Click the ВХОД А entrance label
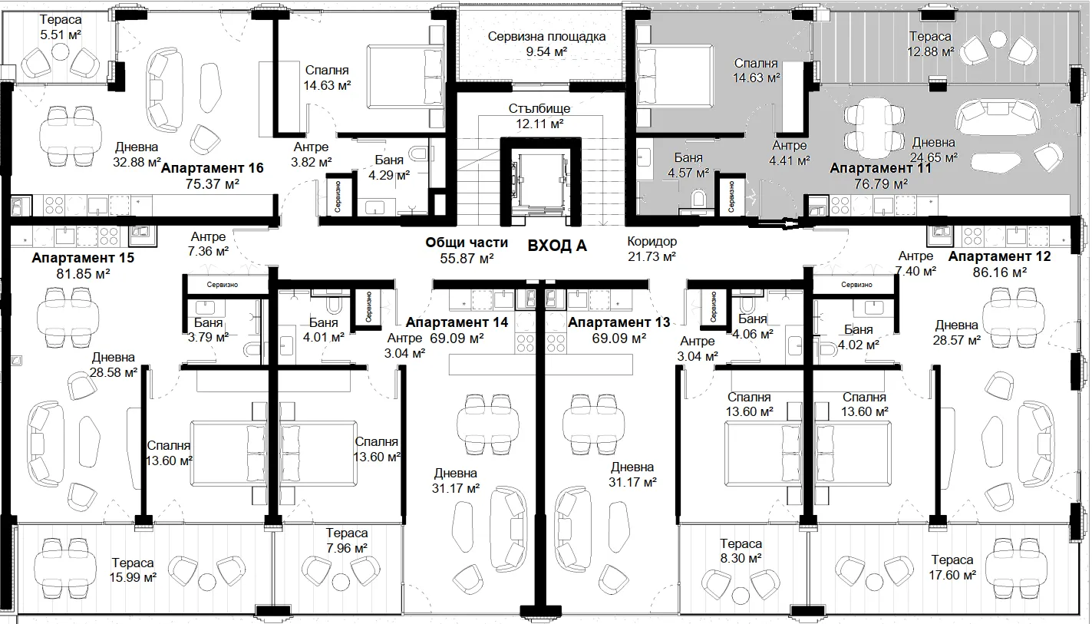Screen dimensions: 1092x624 pos(556,246)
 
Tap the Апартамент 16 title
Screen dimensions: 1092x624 pos(212,168)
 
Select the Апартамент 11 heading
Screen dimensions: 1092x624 pos(880,168)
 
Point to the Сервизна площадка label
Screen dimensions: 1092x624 pos(546,37)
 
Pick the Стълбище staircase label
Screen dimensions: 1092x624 pos(539,108)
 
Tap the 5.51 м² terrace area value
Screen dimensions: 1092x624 pos(61,35)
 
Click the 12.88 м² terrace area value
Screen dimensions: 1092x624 pos(930,51)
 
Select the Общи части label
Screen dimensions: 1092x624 pos(467,243)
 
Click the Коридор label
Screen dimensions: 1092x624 pos(652,241)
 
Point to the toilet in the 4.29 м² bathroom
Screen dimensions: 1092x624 pos(419,154)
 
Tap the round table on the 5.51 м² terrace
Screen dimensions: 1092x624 pos(61,51)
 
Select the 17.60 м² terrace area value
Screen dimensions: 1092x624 pos(952,575)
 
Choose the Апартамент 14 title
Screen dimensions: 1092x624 pos(457,322)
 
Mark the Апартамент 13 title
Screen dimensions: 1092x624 pos(619,322)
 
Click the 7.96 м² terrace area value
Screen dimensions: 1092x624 pos(347,549)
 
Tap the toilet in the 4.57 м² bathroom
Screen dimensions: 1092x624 pos(698,199)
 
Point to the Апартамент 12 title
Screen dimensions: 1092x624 pos(999,256)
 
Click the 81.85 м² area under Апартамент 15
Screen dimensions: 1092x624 pos(83,274)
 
